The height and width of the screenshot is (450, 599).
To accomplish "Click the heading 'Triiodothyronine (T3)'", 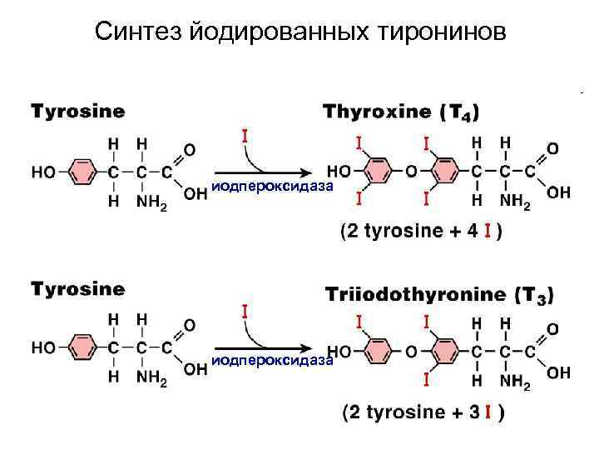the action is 438,294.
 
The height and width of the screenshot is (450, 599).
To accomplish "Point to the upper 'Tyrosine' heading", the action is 78,109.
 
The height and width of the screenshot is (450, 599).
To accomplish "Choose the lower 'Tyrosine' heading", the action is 78,289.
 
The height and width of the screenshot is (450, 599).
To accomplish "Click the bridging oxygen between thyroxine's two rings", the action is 411,171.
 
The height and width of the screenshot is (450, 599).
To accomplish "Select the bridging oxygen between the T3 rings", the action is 411,352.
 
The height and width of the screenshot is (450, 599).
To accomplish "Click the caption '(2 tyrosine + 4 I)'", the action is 421,231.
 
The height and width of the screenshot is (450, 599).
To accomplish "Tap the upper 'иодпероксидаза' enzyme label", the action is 272,187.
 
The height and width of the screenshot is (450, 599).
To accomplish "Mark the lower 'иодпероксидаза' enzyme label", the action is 272,360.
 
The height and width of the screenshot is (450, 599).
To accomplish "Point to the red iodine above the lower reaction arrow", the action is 245,312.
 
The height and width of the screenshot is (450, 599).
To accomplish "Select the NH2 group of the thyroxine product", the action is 517,201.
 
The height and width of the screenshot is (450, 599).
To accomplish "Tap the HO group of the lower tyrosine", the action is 43,347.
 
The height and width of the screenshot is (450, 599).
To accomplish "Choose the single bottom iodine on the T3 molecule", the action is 426,380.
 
